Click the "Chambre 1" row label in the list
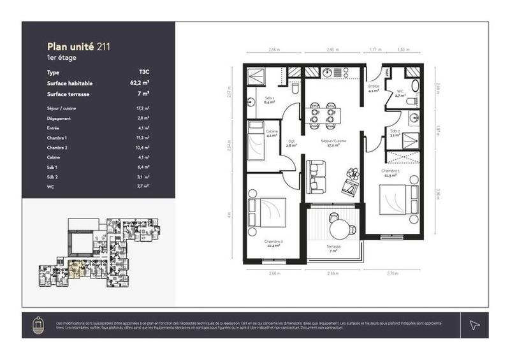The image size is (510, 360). (57, 137)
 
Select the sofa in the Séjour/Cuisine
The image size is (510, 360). (316, 176)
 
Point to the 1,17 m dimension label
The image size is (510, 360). (375, 49)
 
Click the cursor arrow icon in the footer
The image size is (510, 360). (474, 325)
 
